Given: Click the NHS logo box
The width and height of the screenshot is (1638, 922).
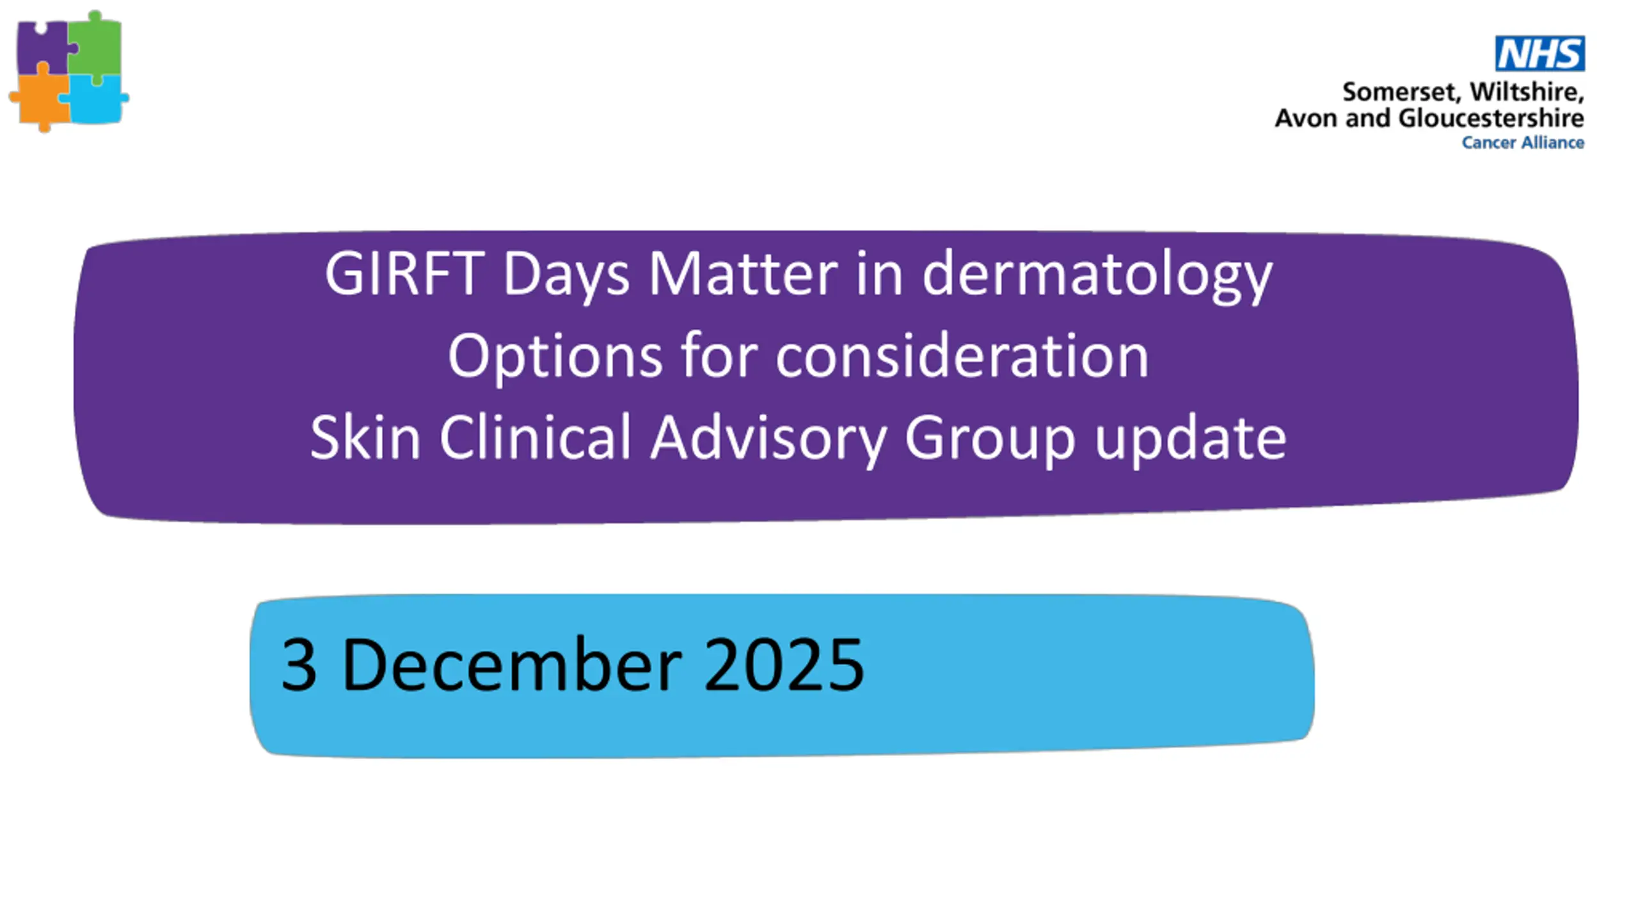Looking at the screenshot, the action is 1539,53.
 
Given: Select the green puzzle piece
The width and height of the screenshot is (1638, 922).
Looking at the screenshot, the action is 96,46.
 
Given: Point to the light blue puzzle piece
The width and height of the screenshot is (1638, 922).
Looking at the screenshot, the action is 96,99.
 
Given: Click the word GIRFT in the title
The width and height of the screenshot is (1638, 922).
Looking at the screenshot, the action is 404,273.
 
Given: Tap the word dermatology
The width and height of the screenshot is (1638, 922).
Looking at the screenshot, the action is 1097,275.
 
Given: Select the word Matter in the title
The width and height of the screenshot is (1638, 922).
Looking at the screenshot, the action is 743,273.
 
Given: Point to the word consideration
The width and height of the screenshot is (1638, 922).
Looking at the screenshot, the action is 962,355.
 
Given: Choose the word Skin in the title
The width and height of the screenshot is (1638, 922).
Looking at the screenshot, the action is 365,437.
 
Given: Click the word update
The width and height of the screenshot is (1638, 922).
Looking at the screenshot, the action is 1191,439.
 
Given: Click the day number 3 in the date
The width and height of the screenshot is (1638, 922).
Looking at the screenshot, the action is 299,665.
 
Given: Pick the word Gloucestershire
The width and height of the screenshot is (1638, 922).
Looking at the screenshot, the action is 1491,118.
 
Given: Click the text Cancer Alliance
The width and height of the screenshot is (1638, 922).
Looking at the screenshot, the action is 1523,142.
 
